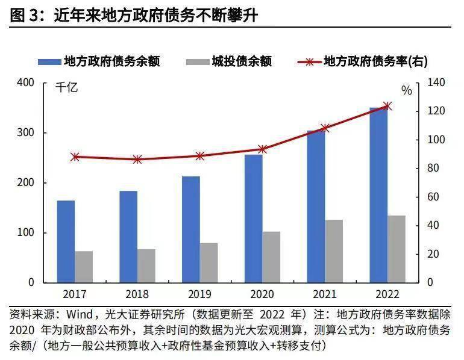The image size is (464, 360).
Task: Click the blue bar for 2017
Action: point(66,241)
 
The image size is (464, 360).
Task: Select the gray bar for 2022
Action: point(397,249)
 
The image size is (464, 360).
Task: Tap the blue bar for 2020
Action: point(253,219)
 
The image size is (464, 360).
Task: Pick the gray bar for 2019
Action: point(209,262)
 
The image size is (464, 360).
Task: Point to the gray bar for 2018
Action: point(146,265)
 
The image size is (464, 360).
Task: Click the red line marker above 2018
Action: point(137,160)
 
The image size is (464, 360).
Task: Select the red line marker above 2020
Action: point(262,149)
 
